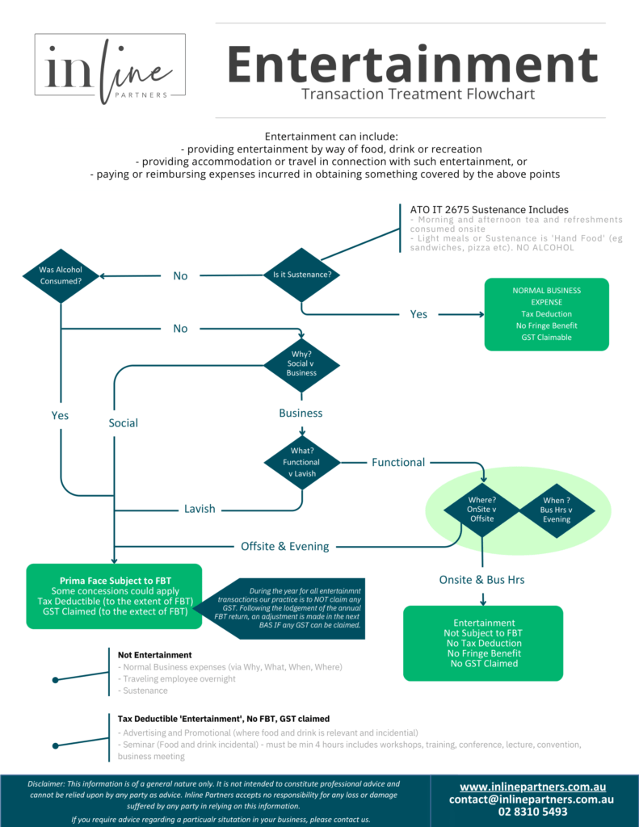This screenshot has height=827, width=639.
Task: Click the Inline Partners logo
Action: [110, 69]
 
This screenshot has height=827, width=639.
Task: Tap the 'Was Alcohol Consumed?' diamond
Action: [61, 275]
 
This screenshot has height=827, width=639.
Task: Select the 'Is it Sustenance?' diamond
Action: [301, 275]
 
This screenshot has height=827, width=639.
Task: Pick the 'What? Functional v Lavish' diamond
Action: [301, 463]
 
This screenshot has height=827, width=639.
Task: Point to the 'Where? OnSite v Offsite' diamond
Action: [481, 510]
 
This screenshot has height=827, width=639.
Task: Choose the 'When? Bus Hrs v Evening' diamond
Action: [556, 510]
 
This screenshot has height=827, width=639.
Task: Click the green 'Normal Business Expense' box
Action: [546, 314]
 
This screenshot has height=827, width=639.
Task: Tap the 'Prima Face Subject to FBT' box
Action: [114, 596]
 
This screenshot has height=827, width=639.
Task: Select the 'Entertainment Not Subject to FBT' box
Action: [483, 643]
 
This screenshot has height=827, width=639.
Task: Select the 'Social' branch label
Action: [124, 423]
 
